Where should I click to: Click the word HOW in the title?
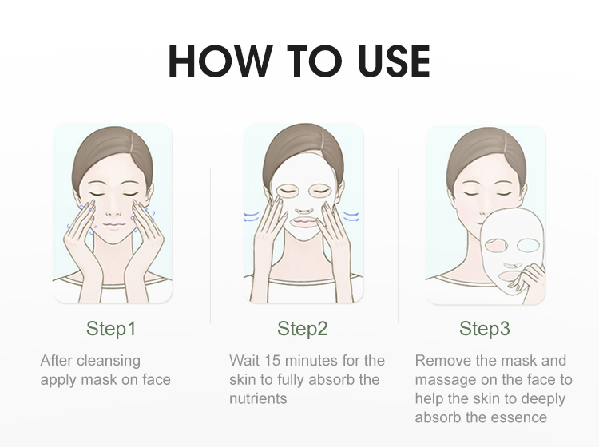(x=218, y=61)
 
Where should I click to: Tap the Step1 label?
(x=111, y=328)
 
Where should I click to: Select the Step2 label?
(x=303, y=328)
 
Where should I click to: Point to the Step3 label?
(x=485, y=328)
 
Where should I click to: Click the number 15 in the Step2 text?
(x=272, y=360)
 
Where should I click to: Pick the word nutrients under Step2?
(x=258, y=398)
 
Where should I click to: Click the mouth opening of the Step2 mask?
(x=304, y=221)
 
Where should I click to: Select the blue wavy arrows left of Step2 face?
(x=252, y=217)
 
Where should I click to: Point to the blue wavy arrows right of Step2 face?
(x=351, y=216)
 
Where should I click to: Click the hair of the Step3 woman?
(x=486, y=152)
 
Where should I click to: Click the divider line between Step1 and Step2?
(x=211, y=245)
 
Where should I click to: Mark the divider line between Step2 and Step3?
(x=399, y=245)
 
